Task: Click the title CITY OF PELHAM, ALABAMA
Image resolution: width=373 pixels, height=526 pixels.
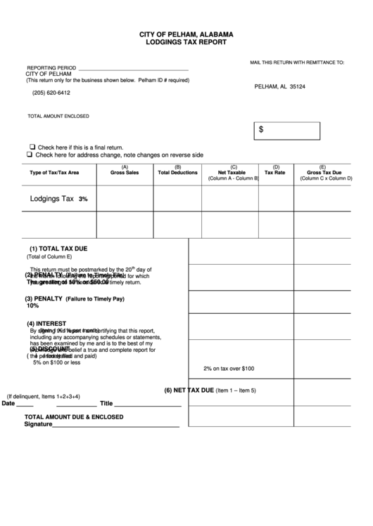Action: coord(186,34)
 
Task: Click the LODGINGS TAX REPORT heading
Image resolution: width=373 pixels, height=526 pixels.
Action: coord(186,42)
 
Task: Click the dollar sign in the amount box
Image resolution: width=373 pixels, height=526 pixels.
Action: coord(261,129)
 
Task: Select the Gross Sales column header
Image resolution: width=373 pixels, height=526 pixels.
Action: coord(125,172)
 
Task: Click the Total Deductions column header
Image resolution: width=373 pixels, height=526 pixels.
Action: coord(177,172)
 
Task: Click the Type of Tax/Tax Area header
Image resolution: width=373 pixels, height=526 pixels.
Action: coord(54,172)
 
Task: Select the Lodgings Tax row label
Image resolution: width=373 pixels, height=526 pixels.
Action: coord(52,199)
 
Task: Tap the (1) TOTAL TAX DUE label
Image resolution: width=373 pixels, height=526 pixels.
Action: coord(58,249)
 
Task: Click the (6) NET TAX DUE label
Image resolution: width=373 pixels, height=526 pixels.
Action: coord(189,390)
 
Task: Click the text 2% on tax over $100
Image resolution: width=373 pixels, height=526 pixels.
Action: coord(229,368)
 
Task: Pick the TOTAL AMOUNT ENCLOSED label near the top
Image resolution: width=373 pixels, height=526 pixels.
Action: coord(58,116)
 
